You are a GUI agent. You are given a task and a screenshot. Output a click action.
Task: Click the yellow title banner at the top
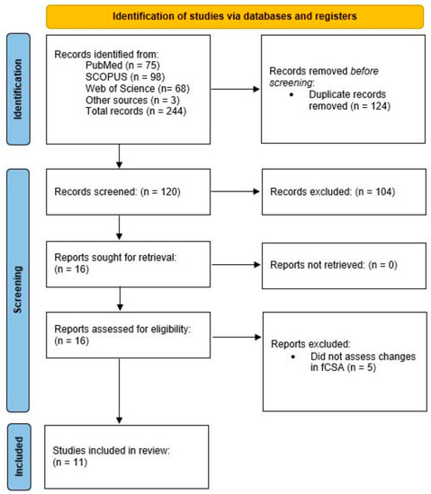click(234, 15)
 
